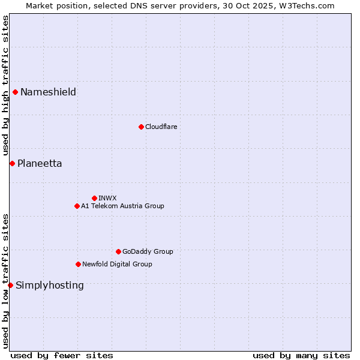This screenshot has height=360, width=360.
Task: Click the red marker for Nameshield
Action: point(15,92)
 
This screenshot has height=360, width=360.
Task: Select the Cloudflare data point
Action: point(141,127)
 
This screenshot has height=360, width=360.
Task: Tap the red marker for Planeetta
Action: point(12,163)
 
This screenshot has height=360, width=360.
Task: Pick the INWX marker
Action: point(94,198)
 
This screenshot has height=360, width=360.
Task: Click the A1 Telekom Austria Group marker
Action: point(77,206)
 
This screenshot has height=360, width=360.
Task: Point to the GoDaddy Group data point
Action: point(118,251)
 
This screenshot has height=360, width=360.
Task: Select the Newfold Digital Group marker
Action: point(78,264)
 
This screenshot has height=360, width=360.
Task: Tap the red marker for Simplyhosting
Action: point(10,285)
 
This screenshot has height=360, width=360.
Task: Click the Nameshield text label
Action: point(48,92)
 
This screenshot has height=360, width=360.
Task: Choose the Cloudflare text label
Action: point(161,127)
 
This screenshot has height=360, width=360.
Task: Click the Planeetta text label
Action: point(40,163)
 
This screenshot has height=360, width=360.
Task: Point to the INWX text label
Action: point(107,198)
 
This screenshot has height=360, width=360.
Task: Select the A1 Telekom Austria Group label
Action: point(122,206)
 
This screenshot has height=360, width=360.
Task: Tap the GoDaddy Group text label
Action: point(148,251)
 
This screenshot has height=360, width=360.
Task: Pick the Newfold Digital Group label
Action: point(117,264)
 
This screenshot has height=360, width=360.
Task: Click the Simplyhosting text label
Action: point(50,285)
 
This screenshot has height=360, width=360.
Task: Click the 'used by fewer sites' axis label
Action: point(62,355)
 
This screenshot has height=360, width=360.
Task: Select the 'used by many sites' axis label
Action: point(301,355)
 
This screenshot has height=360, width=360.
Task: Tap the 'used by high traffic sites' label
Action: point(5,86)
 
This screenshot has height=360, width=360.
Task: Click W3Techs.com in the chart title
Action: point(305,5)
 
